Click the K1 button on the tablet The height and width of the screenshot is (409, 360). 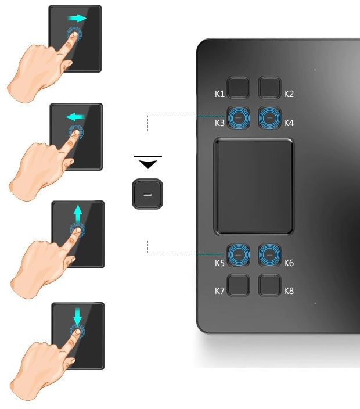point(238,87)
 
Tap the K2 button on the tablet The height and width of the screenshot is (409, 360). point(269,87)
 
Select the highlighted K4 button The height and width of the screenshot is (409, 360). point(269,118)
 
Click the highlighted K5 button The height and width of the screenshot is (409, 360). point(238,255)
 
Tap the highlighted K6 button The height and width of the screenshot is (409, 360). point(269,255)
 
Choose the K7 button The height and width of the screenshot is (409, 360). point(238,285)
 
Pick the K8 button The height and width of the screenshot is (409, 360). point(269,285)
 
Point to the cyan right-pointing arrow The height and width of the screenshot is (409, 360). point(77,19)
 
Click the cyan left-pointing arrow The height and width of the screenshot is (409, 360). point(75,117)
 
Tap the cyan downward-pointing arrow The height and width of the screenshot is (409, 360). point(77,316)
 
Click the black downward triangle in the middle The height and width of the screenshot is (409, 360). point(148,164)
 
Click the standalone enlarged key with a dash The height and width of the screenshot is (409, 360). point(147,194)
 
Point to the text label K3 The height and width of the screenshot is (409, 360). point(219,123)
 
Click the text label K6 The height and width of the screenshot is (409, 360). point(289,263)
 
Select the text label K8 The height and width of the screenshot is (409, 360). point(289,290)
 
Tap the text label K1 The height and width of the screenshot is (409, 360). point(219,94)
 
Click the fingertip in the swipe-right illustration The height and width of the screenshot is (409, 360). point(75,34)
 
